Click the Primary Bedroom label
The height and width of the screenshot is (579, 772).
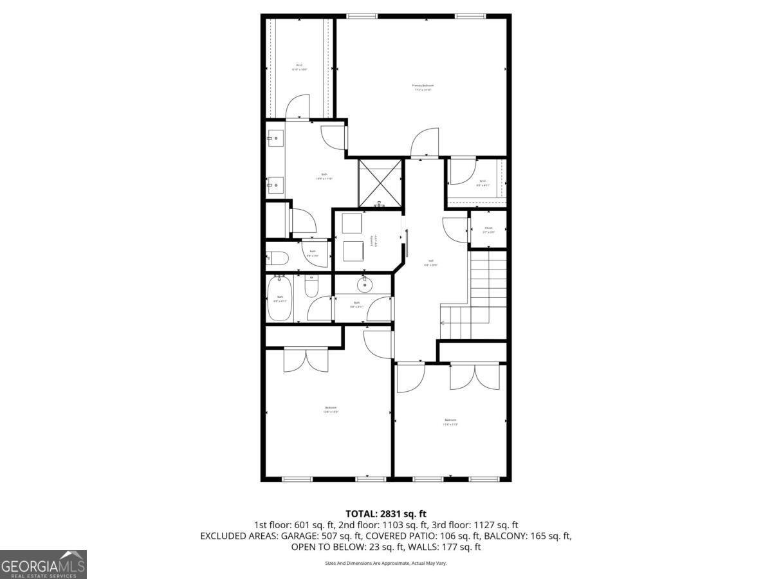pyautogui.click(x=423, y=87)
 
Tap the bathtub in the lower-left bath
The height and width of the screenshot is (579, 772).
pyautogui.click(x=279, y=299)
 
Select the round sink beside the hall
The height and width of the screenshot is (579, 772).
pyautogui.click(x=365, y=284)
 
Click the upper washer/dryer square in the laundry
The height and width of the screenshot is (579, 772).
pyautogui.click(x=352, y=224)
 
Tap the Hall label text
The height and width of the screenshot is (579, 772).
pyautogui.click(x=430, y=263)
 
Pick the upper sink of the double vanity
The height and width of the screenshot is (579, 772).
pyautogui.click(x=275, y=138)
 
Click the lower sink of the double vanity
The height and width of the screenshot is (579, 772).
pyautogui.click(x=275, y=185)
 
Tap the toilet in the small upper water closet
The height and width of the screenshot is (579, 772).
pyautogui.click(x=278, y=259)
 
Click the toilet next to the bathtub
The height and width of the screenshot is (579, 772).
pyautogui.click(x=311, y=286)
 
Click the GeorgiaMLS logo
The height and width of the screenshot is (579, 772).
pyautogui.click(x=43, y=564)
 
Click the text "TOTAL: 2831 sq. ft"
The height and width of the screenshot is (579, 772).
pyautogui.click(x=386, y=513)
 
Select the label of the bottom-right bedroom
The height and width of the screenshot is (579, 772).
pyautogui.click(x=450, y=422)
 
